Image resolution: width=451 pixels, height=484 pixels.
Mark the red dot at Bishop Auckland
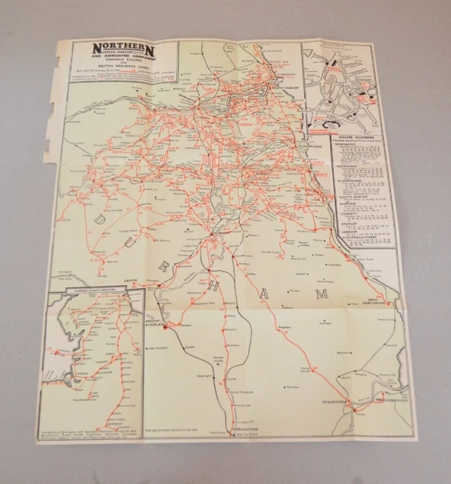pos(168,326)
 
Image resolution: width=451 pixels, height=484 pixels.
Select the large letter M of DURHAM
pos(323,293)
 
